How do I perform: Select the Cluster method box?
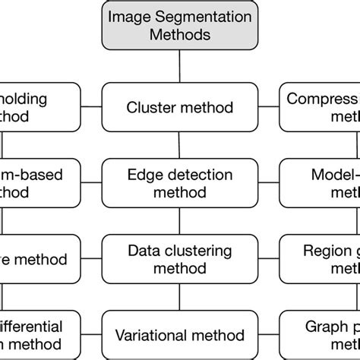point(179,107)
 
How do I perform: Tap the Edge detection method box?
point(179,182)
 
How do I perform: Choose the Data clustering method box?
point(179,259)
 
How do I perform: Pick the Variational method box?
point(179,334)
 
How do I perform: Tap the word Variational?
point(153,334)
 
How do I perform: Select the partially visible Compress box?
point(320,107)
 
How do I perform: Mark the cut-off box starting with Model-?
point(320,182)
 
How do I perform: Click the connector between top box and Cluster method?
point(179,68)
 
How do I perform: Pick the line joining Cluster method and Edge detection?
point(179,145)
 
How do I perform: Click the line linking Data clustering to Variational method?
point(179,297)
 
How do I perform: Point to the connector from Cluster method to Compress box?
point(267,107)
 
